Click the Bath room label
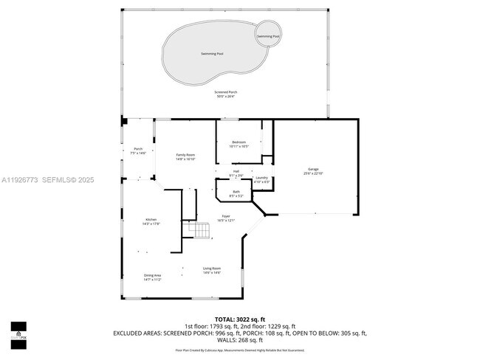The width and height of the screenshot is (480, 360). (x=236, y=194)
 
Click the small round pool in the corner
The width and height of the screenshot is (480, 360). (x=268, y=35)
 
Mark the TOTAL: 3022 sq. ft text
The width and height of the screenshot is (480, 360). (x=240, y=319)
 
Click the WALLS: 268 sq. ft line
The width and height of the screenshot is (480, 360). (x=240, y=340)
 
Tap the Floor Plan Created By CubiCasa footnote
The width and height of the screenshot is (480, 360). (x=240, y=350)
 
